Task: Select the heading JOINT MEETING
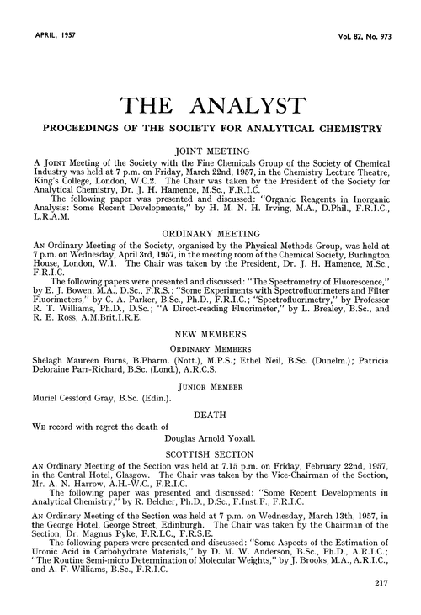pyautogui.click(x=210, y=143)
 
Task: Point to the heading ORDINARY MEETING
pyautogui.click(x=210, y=225)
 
